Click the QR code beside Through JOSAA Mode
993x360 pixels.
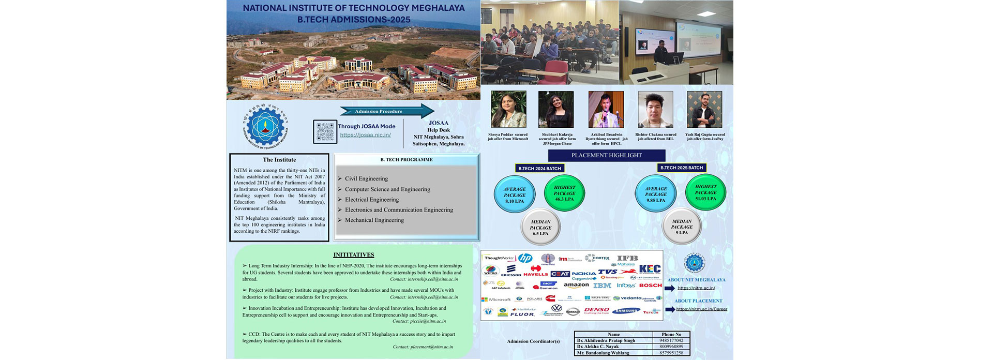[x=325, y=131]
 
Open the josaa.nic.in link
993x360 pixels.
[x=365, y=135]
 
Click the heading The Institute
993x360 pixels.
[x=279, y=160]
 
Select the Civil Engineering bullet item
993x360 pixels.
[x=366, y=178]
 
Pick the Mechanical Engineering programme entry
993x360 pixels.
[x=374, y=220]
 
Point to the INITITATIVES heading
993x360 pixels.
[x=354, y=254]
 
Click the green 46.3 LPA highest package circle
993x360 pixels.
[x=564, y=193]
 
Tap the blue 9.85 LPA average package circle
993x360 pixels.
[x=656, y=194]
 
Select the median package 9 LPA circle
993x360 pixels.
[x=682, y=227]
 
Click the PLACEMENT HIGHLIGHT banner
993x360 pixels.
[x=606, y=155]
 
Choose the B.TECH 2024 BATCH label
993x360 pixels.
[x=539, y=168]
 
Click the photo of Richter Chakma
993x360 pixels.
[x=655, y=110]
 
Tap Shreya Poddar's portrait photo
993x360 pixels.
[x=508, y=110]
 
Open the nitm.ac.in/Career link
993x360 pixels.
[x=701, y=309]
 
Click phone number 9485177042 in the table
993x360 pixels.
[x=671, y=341]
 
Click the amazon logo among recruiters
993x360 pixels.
[x=576, y=285]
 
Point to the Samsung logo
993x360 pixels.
[x=626, y=311]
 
